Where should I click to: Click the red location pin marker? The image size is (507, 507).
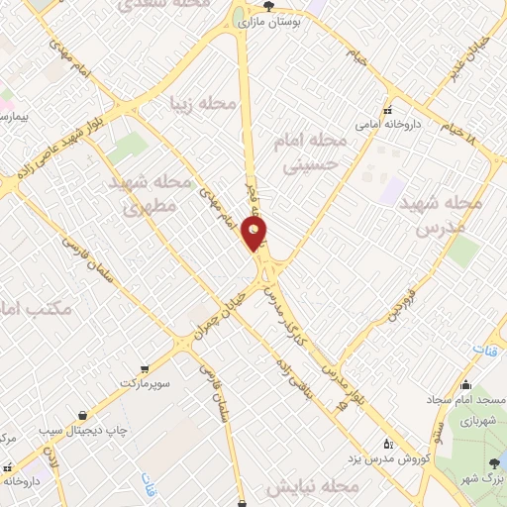point(255,234)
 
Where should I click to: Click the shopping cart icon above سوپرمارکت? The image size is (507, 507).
point(145,366)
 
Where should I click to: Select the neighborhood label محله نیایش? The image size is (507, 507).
point(310,488)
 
